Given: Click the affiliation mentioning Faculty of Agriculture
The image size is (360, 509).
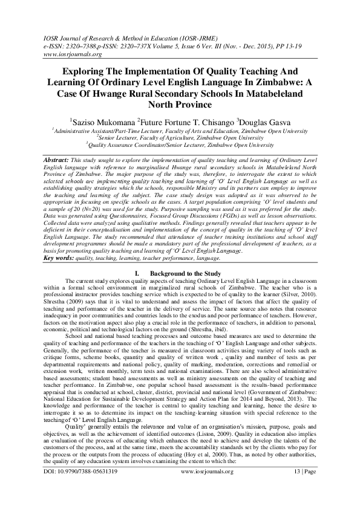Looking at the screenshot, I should [x=180, y=137].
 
